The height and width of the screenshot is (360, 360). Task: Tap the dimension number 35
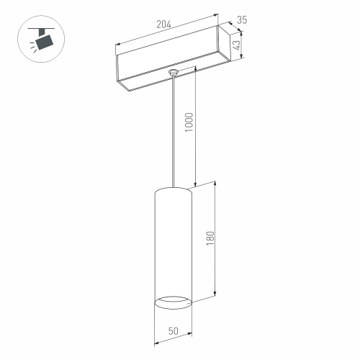[242, 21]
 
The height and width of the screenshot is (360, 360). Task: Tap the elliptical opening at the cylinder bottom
[173, 300]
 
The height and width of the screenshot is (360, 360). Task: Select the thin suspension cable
[172, 130]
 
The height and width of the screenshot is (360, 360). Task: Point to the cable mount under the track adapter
[172, 73]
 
